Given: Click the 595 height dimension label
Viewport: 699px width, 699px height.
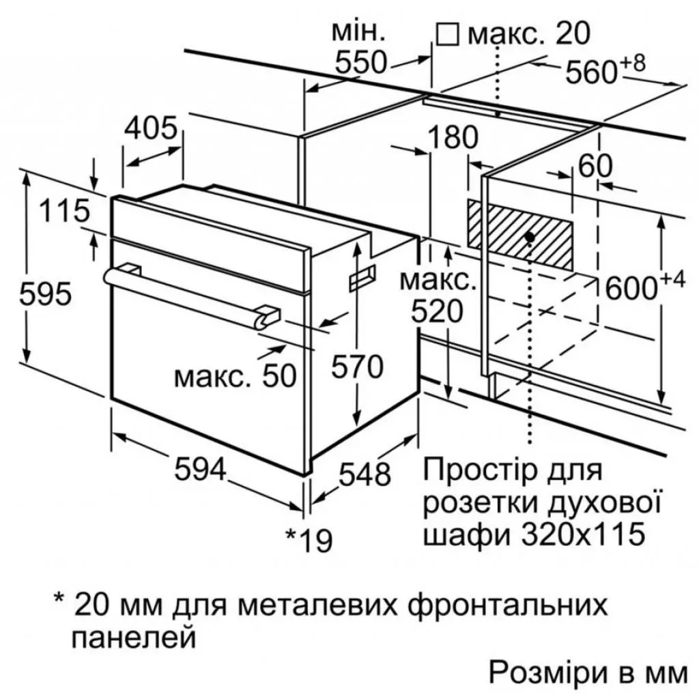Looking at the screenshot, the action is [x=46, y=294].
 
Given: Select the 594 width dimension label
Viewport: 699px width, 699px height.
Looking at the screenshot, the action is [x=201, y=469].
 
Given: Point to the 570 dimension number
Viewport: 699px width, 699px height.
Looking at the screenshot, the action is [x=357, y=367].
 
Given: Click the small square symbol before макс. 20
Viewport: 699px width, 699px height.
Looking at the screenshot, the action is [x=447, y=35].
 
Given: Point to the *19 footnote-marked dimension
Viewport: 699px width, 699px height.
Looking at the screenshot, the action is [x=309, y=540].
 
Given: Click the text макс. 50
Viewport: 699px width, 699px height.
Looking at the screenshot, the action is [x=236, y=376].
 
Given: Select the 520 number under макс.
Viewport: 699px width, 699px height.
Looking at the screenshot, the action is [x=437, y=311].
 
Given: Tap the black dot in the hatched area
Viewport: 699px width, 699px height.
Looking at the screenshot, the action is [x=530, y=237].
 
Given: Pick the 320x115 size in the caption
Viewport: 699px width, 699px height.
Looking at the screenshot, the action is [x=583, y=534].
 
